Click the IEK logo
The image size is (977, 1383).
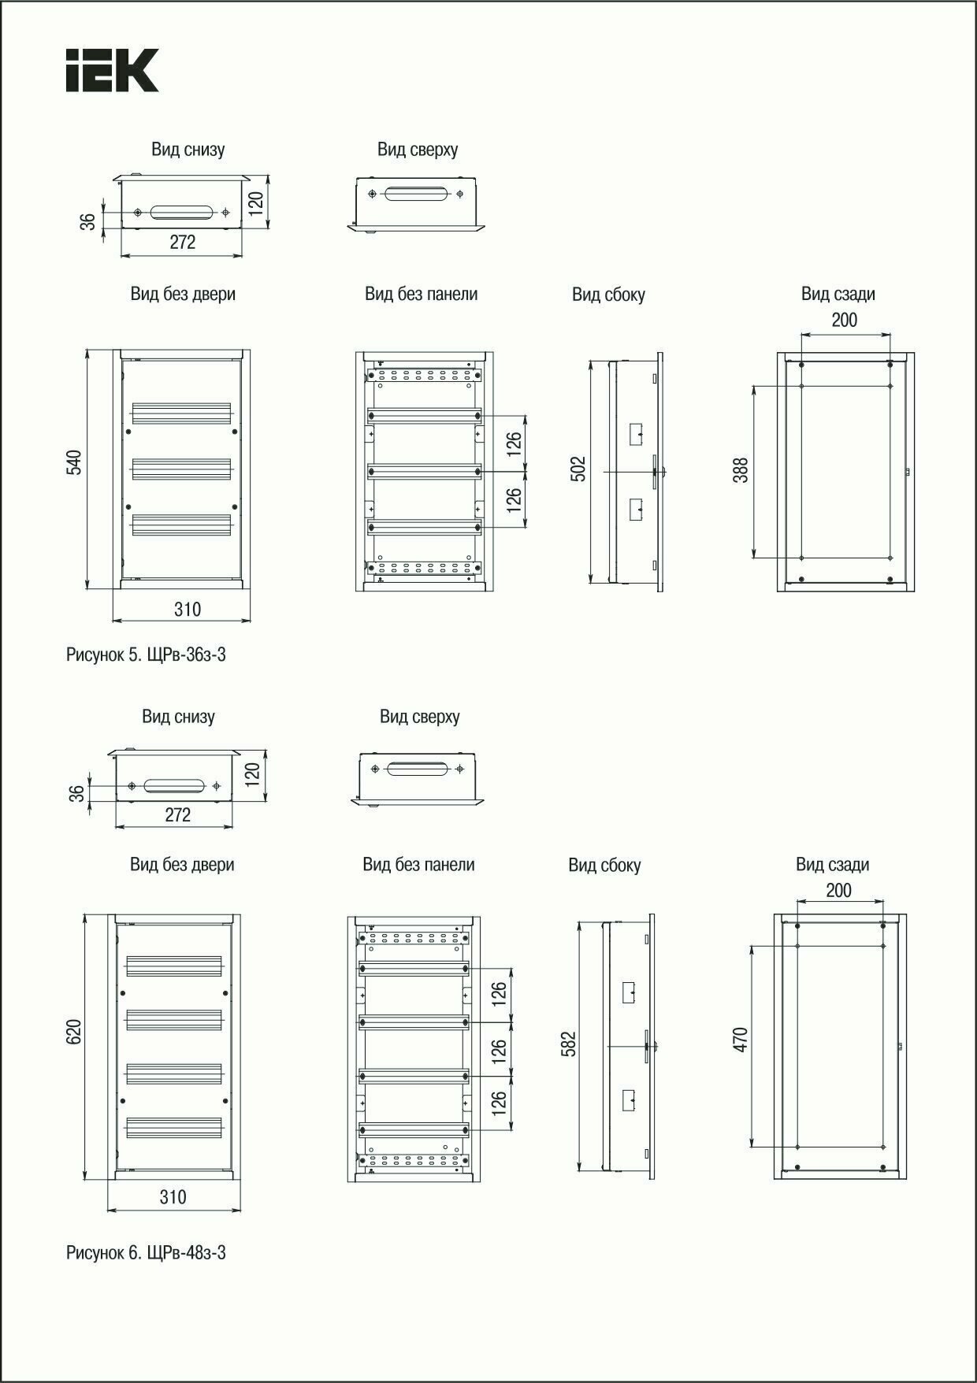click(112, 70)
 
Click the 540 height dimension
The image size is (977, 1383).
click(74, 462)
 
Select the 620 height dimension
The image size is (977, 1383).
click(74, 1032)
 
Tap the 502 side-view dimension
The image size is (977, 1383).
click(579, 469)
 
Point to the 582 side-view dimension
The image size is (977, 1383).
click(570, 1044)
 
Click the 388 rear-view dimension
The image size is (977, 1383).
click(741, 470)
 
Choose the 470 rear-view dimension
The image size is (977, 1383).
click(740, 1039)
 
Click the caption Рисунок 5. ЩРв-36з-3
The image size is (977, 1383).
click(146, 654)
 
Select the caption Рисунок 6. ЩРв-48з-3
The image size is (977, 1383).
click(146, 1252)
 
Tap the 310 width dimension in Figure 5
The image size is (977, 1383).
click(188, 609)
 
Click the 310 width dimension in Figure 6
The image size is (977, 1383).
click(173, 1197)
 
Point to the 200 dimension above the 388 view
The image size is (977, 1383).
click(844, 320)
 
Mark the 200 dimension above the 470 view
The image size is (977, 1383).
click(838, 890)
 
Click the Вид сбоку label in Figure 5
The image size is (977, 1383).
click(608, 295)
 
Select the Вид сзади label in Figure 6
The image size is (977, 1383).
click(832, 865)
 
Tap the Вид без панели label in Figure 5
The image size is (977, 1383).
click(421, 294)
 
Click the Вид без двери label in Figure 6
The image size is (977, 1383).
click(182, 864)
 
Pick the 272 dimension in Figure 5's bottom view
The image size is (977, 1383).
click(182, 243)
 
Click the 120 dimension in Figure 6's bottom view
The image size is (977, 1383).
click(252, 774)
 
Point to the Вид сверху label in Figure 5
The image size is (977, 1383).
click(418, 150)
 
